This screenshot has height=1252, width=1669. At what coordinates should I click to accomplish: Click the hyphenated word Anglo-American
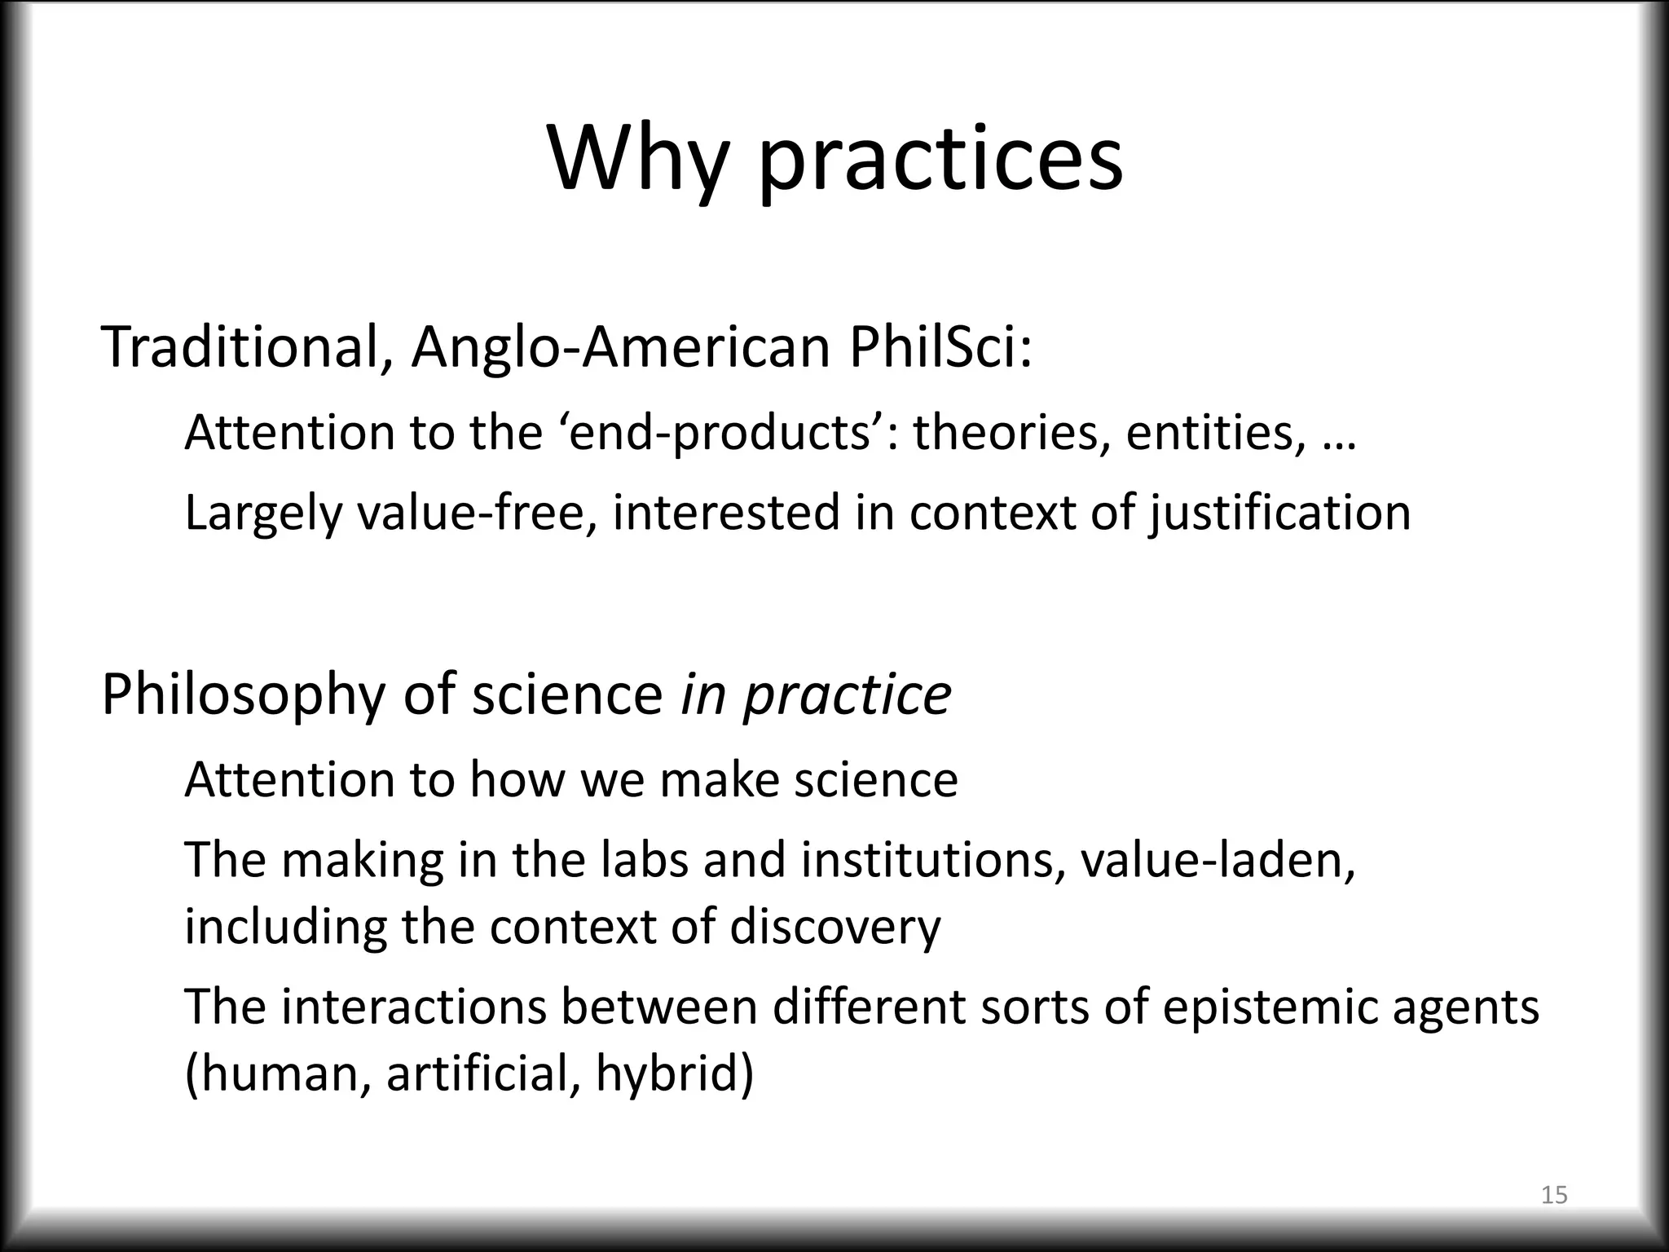[620, 346]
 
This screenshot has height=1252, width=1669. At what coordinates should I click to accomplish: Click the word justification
[1279, 513]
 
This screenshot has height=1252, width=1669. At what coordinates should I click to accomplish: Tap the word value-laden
[1218, 859]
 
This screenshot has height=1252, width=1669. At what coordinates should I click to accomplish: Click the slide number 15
[1554, 1196]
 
